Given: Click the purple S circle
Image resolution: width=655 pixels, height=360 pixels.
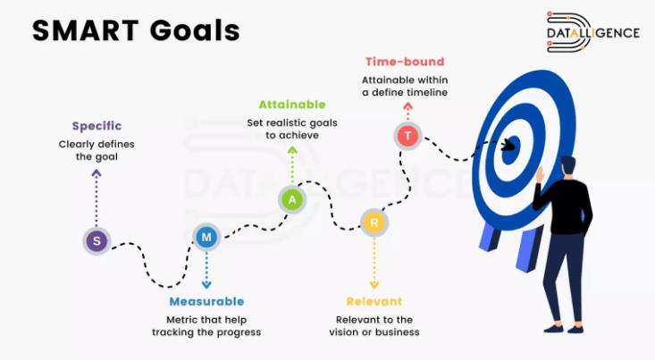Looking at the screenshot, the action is click(97, 241).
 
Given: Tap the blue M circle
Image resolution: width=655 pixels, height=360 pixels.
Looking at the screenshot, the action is click(206, 238).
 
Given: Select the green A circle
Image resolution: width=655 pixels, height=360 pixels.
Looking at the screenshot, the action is click(292, 199).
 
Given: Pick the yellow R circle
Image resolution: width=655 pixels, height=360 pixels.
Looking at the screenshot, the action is click(374, 222).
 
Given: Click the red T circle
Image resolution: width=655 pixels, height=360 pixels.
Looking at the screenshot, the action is click(407, 136).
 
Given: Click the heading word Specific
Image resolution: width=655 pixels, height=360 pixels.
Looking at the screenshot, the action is click(97, 126).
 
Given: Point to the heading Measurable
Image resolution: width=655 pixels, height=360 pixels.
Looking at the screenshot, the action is click(206, 302).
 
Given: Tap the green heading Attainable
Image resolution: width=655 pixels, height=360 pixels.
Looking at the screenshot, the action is click(292, 105).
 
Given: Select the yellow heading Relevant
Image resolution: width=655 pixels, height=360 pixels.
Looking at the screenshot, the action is click(374, 302).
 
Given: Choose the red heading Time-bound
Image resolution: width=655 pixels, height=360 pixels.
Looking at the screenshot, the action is click(405, 62).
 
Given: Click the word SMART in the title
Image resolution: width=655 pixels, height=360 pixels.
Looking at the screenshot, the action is click(86, 30).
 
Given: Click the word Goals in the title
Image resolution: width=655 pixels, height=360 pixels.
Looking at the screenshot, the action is click(195, 30).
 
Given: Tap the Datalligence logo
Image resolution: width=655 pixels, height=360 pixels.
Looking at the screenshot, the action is click(592, 32).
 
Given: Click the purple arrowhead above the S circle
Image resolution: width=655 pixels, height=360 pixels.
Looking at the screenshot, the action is click(97, 172).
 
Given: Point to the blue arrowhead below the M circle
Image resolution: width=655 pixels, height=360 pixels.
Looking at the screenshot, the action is click(206, 285).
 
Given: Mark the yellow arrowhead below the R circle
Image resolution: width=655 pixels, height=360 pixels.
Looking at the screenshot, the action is click(374, 285).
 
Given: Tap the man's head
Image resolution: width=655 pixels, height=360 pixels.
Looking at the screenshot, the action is click(567, 167).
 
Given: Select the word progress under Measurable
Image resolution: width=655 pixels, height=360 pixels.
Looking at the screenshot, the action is click(240, 332).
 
